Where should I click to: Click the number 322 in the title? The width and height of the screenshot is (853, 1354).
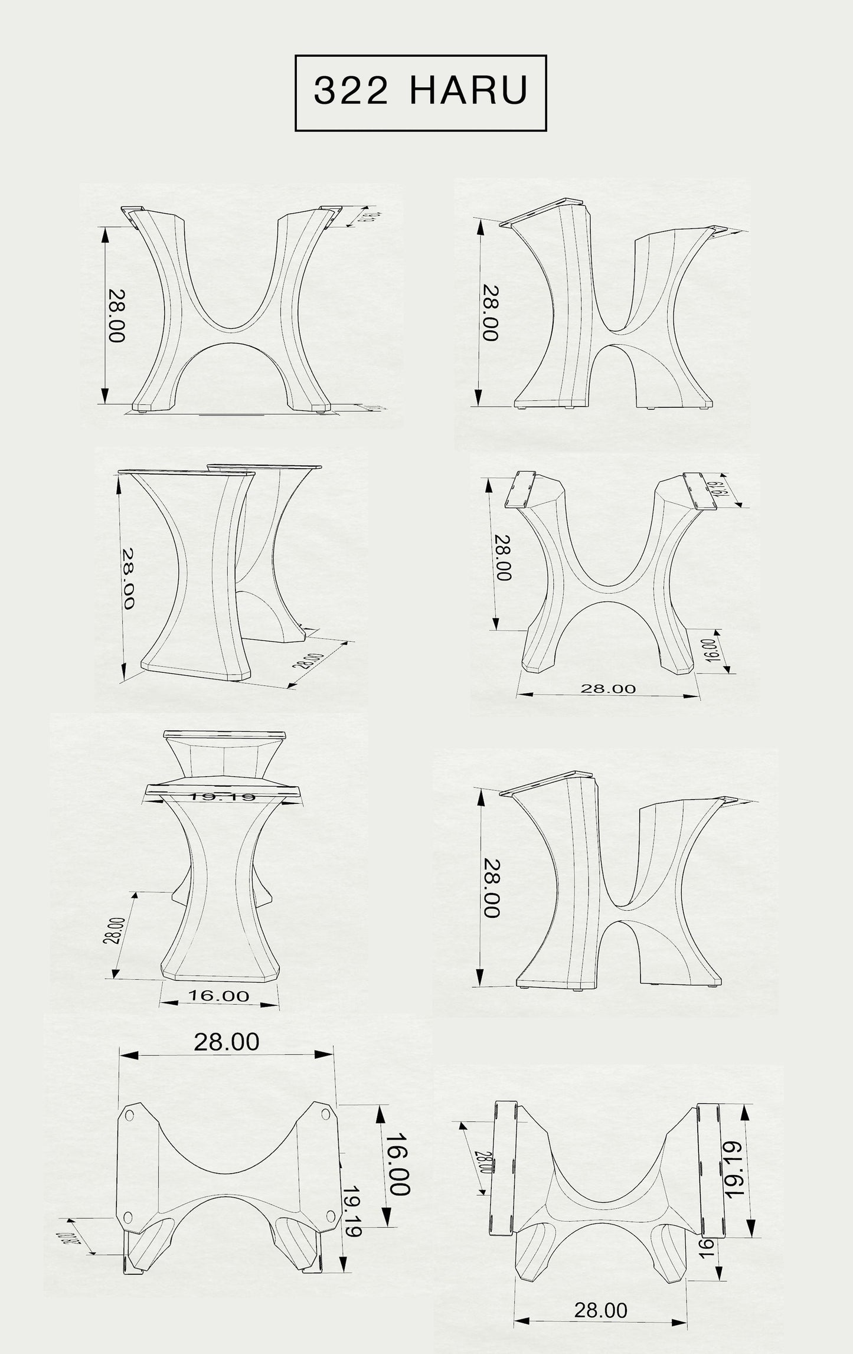coord(352,91)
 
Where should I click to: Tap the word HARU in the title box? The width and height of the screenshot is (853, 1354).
coord(469,91)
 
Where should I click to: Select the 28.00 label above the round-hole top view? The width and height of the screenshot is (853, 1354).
coord(227,1042)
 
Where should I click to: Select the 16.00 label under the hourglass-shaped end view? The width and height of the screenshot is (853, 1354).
coord(218,996)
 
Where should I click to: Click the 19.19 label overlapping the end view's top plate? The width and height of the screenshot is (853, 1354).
coord(221,797)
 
